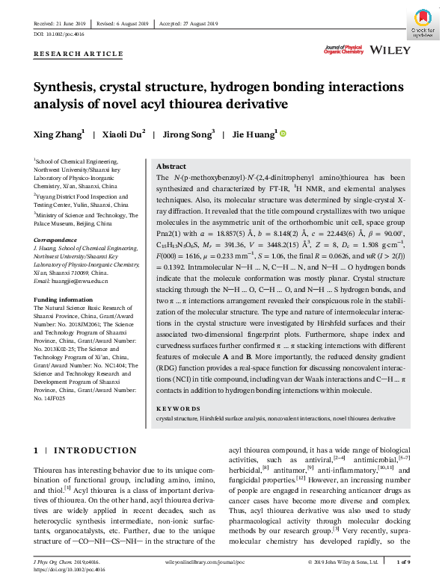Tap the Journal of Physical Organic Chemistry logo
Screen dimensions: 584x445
(343, 51)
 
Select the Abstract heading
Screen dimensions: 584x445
(171, 167)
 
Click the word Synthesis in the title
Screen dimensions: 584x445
(64, 87)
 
